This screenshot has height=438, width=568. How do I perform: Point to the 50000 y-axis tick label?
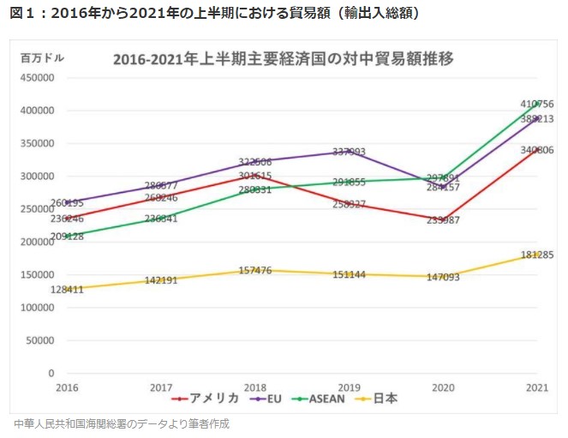coord(39,340)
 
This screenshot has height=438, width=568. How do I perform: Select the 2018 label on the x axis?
coord(254,388)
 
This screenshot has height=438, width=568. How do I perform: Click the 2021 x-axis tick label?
coord(537,388)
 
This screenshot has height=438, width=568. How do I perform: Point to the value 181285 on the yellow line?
coord(537,255)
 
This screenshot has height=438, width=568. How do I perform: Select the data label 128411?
coord(68,290)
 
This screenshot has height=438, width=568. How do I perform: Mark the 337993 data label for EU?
coord(349,152)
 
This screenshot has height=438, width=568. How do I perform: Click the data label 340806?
coord(537,150)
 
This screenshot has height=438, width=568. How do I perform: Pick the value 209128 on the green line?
coord(68,237)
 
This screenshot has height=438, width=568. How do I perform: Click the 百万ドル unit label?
coord(43,58)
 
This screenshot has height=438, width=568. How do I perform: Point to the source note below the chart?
coord(122,423)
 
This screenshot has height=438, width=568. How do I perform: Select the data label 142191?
coord(161,280)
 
